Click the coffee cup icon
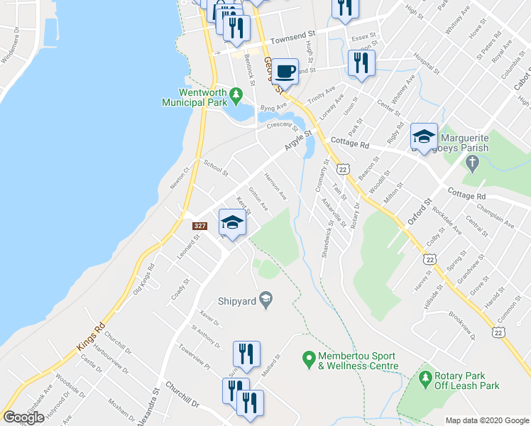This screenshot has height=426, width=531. tap(285, 71)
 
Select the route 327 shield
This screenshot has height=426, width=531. tap(200, 225)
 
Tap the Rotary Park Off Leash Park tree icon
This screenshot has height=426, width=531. tap(426, 376)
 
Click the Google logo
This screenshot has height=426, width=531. tap(23, 417)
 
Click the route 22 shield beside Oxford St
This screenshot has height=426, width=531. tap(428, 261)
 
